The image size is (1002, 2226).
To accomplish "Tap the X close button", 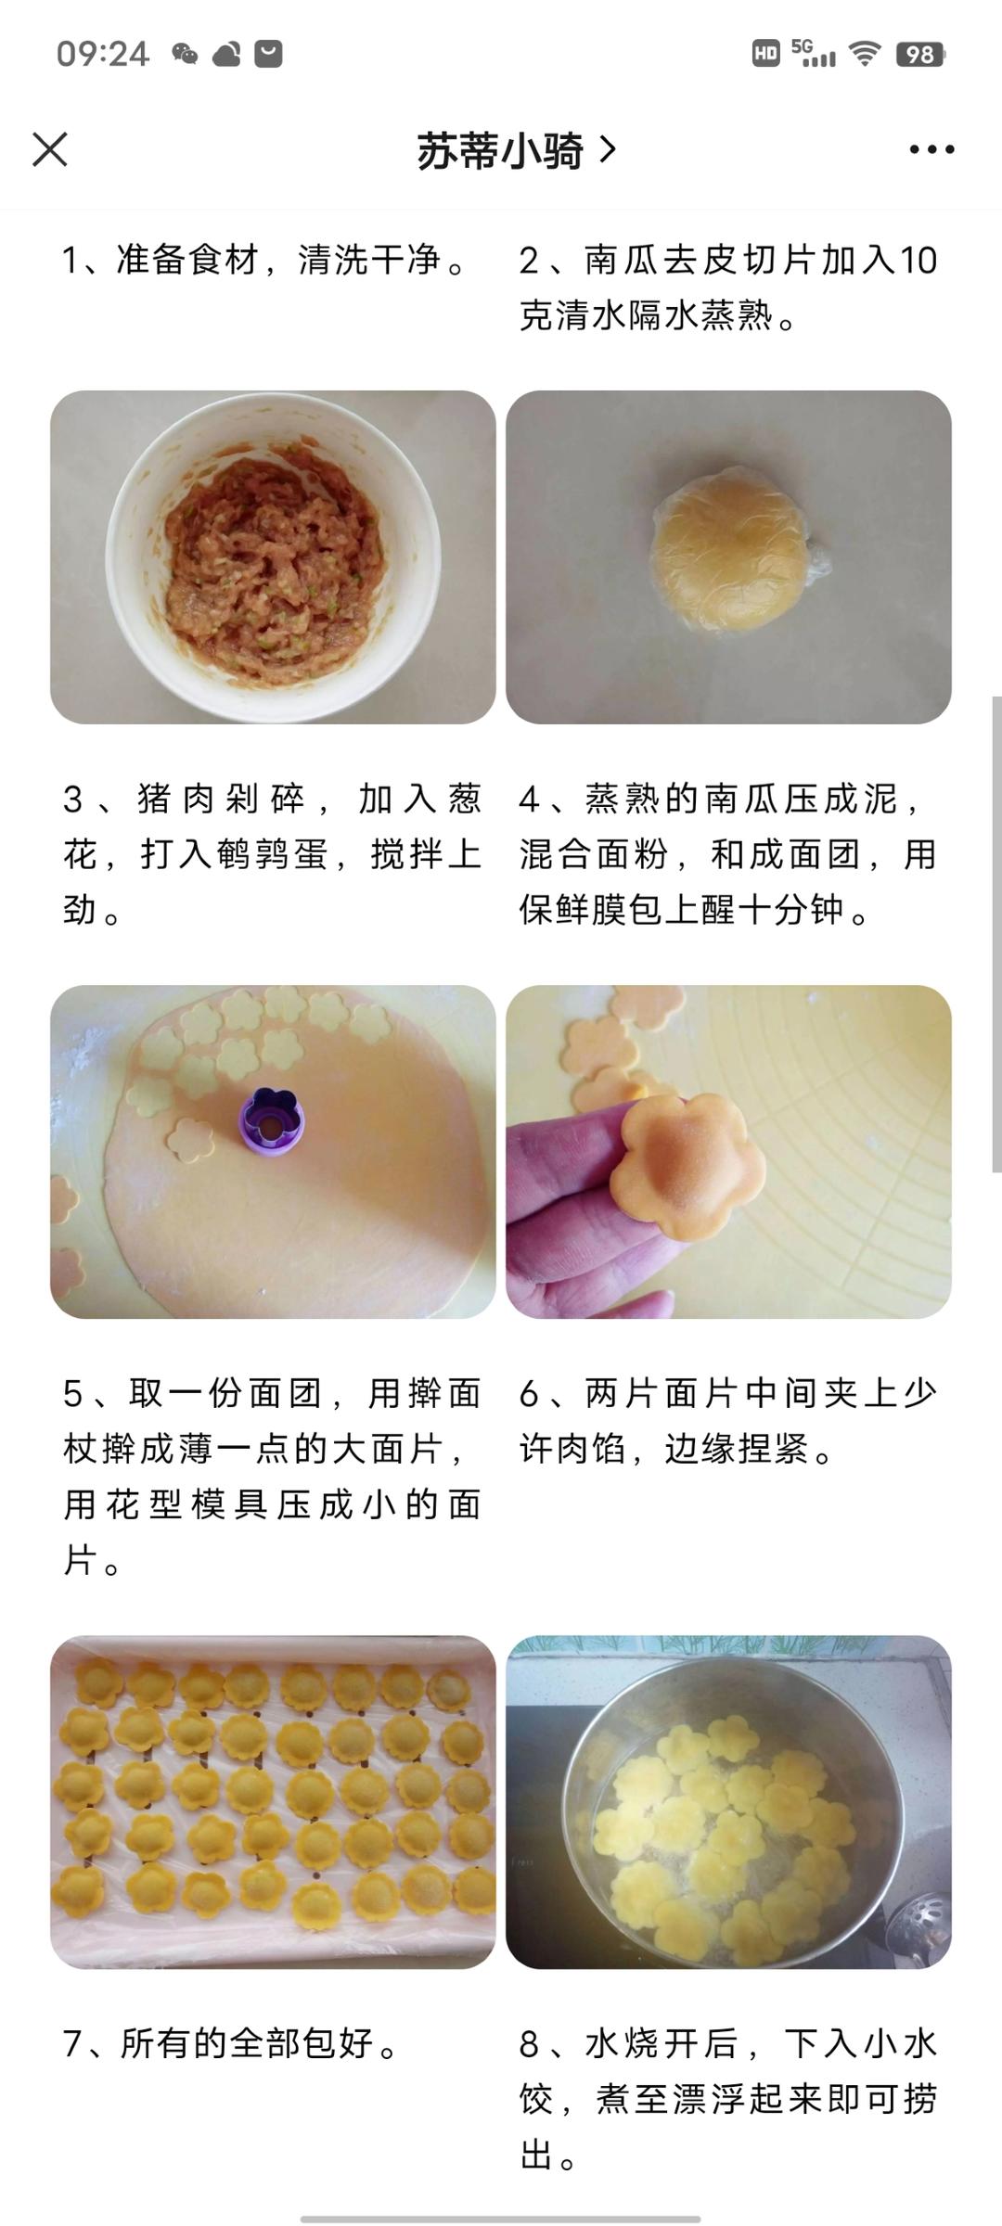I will tap(50, 149).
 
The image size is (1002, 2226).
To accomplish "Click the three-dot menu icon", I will tap(931, 149).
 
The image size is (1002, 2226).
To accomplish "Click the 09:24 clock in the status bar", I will tap(102, 54).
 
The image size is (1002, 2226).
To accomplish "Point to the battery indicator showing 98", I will tap(918, 55).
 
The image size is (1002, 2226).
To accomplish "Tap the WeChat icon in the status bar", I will tap(185, 55).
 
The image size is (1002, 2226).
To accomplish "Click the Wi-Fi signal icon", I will tap(865, 55).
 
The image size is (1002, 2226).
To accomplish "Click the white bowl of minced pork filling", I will tap(273, 556).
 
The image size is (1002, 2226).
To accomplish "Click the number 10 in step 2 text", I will tap(918, 261).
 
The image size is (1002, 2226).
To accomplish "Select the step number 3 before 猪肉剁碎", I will tap(73, 800).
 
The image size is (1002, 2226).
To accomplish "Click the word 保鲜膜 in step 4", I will tap(575, 910).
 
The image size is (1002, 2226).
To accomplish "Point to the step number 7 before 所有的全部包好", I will tap(73, 2043).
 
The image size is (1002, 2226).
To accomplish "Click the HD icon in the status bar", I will tap(765, 54).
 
